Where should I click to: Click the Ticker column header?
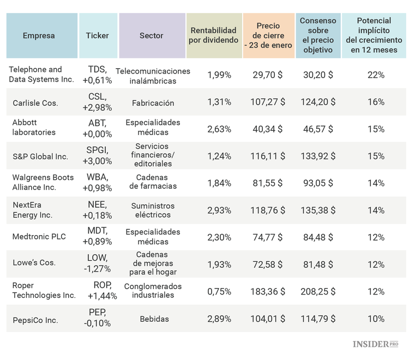click(x=98, y=35)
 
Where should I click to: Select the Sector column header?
click(x=151, y=35)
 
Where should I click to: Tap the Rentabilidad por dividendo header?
click(x=213, y=35)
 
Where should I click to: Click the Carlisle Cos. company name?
click(x=35, y=103)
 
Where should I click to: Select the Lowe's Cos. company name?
click(x=34, y=262)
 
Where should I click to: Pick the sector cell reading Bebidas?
click(x=154, y=319)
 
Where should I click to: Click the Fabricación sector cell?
click(x=153, y=103)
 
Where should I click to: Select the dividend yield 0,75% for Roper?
click(x=219, y=291)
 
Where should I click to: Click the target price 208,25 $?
click(x=318, y=291)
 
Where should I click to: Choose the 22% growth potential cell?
click(x=376, y=75)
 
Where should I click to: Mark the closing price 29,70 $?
click(x=268, y=75)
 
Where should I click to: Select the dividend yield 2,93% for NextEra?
click(x=219, y=210)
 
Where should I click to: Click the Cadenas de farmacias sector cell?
click(x=153, y=182)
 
